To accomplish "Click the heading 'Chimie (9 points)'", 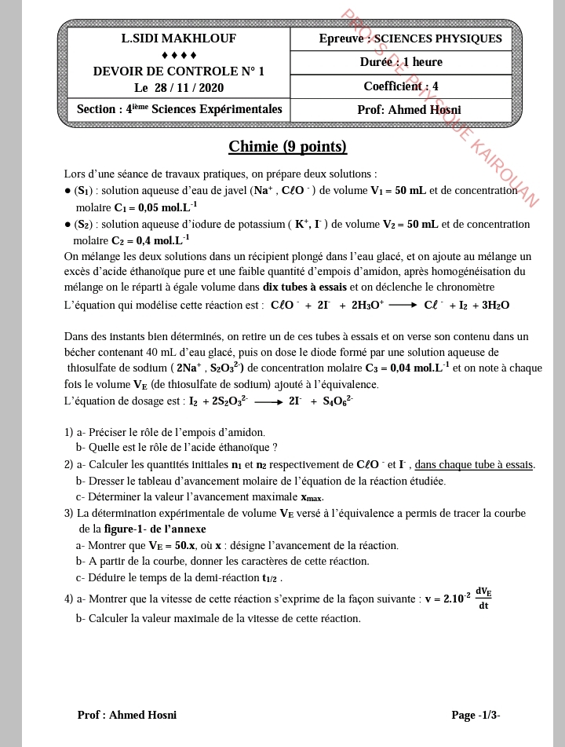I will tap(287, 147).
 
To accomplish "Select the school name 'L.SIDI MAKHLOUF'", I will tap(178, 38).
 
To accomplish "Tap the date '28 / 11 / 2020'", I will tap(189, 88).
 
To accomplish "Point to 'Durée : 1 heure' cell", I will tap(401, 62).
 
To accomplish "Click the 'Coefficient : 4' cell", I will tap(401, 86).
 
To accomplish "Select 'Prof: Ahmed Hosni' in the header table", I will tap(409, 110).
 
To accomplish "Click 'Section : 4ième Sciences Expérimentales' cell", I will tap(179, 109).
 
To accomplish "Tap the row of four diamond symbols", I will tap(179, 55).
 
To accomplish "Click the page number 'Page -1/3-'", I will tap(476, 715).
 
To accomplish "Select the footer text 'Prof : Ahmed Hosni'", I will tap(127, 715).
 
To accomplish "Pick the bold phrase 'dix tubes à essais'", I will tap(304, 287).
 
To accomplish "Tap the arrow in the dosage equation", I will tap(268, 401).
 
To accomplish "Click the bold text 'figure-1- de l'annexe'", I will tap(155, 529).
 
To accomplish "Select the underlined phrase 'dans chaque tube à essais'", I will tap(474, 464).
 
